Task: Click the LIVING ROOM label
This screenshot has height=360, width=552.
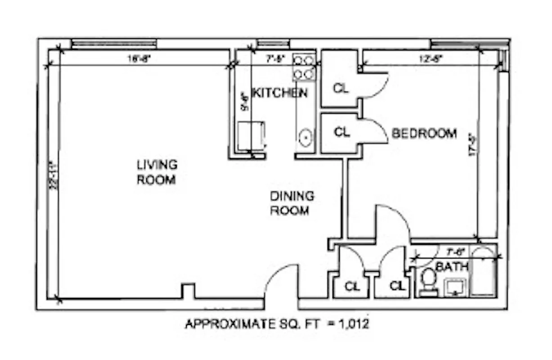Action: tap(156, 172)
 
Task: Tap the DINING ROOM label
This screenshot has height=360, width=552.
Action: tap(292, 203)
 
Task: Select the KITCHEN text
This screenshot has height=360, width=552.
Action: tap(279, 93)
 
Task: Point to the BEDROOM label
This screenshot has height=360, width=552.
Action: tap(424, 134)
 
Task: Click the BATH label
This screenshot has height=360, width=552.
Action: tap(452, 267)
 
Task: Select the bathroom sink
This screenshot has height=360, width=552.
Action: tap(455, 287)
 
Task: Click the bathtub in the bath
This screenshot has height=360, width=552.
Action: tap(484, 272)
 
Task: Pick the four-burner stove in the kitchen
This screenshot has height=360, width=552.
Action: tap(304, 67)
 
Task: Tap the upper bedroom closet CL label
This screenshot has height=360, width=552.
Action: tap(341, 89)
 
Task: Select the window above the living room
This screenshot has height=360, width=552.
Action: tap(114, 43)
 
